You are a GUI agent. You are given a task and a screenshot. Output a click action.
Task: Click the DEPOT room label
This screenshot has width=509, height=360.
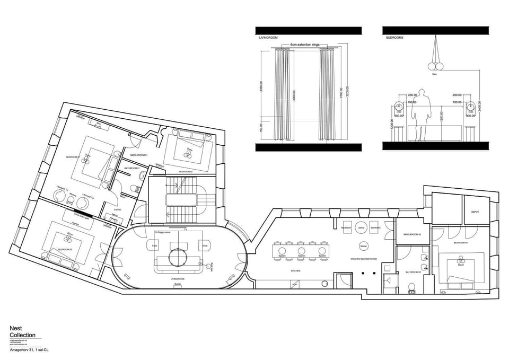pyautogui.click(x=475, y=212)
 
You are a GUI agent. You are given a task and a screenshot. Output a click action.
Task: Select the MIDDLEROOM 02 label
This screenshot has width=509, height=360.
pyautogui.click(x=411, y=234)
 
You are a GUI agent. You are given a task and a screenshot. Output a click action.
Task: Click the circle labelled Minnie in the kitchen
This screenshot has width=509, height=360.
pyautogui.click(x=364, y=247)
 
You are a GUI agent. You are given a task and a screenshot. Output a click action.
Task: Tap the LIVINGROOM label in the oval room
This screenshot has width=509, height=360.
pyautogui.click(x=177, y=278)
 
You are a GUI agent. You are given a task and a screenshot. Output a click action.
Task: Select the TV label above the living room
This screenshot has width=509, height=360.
pyautogui.click(x=186, y=230)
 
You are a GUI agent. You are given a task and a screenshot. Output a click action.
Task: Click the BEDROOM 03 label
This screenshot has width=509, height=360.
pyautogui.click(x=66, y=249)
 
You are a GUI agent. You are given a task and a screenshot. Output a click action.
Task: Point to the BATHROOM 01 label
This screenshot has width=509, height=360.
pyautogui.click(x=131, y=168)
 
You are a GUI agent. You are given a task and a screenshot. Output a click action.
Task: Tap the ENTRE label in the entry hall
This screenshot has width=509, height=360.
pyautogui.click(x=118, y=209)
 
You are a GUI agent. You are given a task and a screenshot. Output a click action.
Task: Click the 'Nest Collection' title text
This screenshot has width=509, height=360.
pyautogui.click(x=22, y=332)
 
